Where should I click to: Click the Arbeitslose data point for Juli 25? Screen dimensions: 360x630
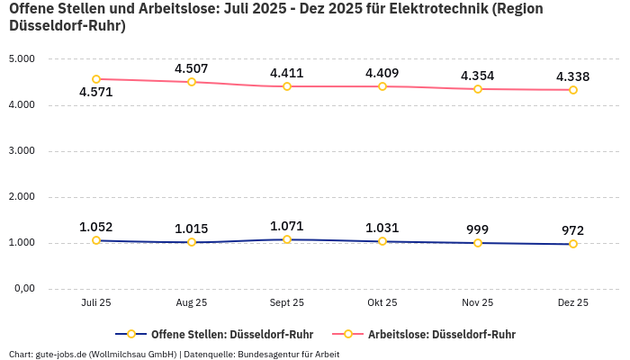tap(96, 79)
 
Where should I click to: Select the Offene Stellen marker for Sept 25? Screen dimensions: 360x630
tap(287, 239)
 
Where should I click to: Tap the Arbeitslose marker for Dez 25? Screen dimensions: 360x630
tap(573, 90)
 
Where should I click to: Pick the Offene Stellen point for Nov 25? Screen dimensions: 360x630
tap(478, 243)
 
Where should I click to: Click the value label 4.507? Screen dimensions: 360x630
tap(192, 68)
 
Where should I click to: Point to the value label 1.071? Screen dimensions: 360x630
tap(287, 226)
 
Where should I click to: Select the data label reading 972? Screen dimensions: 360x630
tap(573, 230)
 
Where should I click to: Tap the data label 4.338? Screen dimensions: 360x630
tap(573, 76)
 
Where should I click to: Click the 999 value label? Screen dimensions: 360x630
tap(478, 229)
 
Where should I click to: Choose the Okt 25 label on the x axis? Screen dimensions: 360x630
tap(382, 303)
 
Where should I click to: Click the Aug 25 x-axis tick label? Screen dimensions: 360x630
tap(192, 303)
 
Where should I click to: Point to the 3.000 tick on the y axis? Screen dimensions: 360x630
tap(21, 151)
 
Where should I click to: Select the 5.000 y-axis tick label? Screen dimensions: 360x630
tap(21, 59)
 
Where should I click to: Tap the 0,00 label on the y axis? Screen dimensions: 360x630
tap(22, 289)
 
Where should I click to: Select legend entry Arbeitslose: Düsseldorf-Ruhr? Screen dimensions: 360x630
tap(441, 334)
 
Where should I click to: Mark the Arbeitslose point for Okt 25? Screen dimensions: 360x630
tap(382, 86)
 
